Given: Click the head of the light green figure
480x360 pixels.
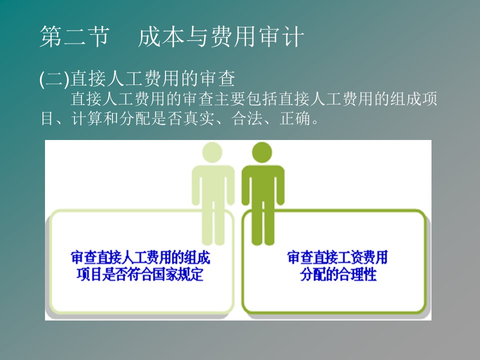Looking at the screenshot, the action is coord(212,152).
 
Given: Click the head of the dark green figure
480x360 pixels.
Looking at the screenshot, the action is coord(262,152).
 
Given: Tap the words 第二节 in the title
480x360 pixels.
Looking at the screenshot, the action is coord(74,36).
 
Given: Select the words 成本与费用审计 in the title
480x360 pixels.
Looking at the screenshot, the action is coord(221,36).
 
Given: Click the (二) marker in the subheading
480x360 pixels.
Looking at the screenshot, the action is coord(54,78).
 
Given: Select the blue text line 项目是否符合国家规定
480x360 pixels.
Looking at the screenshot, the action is coord(140,274).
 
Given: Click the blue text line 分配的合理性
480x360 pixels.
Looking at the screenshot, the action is coord(338,274).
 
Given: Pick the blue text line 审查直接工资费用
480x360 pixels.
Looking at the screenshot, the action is coord(337,257).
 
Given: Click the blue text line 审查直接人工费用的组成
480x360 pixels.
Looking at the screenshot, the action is coord(140,257).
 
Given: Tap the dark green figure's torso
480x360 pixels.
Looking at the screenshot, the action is coord(263,183).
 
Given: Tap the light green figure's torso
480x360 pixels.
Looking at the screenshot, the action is coord(213,183).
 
